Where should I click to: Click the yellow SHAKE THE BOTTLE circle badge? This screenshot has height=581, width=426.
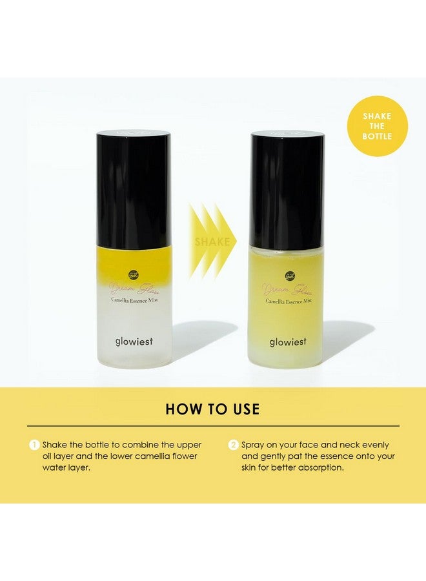point(377,127)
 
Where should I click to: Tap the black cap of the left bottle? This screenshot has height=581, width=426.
point(134,190)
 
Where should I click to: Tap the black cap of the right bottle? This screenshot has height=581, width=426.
point(287,190)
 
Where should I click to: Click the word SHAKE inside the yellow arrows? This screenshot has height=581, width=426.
point(212,242)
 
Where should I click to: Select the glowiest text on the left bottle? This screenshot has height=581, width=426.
point(134,341)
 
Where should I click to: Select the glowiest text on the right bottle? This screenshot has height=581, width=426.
point(288,341)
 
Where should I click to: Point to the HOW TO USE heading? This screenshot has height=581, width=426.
point(212,409)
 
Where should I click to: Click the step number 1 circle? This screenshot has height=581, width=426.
point(34,445)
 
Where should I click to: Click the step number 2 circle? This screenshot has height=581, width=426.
point(233,445)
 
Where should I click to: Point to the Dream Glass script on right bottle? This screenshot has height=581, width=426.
point(287,289)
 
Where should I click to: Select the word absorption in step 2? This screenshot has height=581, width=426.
point(321,467)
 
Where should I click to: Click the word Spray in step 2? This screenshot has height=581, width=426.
point(254,445)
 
